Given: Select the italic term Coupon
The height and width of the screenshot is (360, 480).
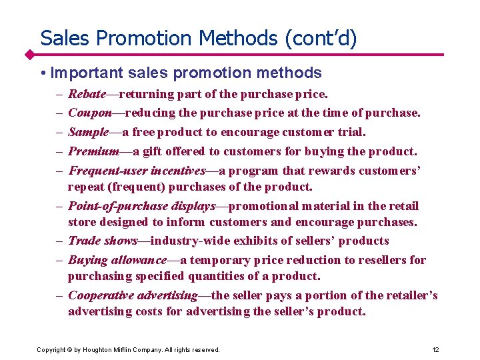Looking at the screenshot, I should coord(90,113).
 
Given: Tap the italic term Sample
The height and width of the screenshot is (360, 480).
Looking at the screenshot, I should coord(89,132).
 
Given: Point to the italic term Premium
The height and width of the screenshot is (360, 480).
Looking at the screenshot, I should coord(93,151).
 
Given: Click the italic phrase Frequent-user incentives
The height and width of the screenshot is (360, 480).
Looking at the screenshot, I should coord(137,171).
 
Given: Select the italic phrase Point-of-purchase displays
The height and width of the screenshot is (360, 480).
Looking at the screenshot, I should coord(142,205).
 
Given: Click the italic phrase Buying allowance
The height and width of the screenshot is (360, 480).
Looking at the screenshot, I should coord(117,260).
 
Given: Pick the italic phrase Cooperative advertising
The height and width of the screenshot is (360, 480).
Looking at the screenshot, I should coord(133,295).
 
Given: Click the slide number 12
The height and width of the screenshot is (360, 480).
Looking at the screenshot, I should coord(435,349).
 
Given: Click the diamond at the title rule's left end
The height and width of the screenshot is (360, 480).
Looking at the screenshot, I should coord(30,54).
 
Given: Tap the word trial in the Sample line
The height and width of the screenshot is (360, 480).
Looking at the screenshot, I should coord(351,132).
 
